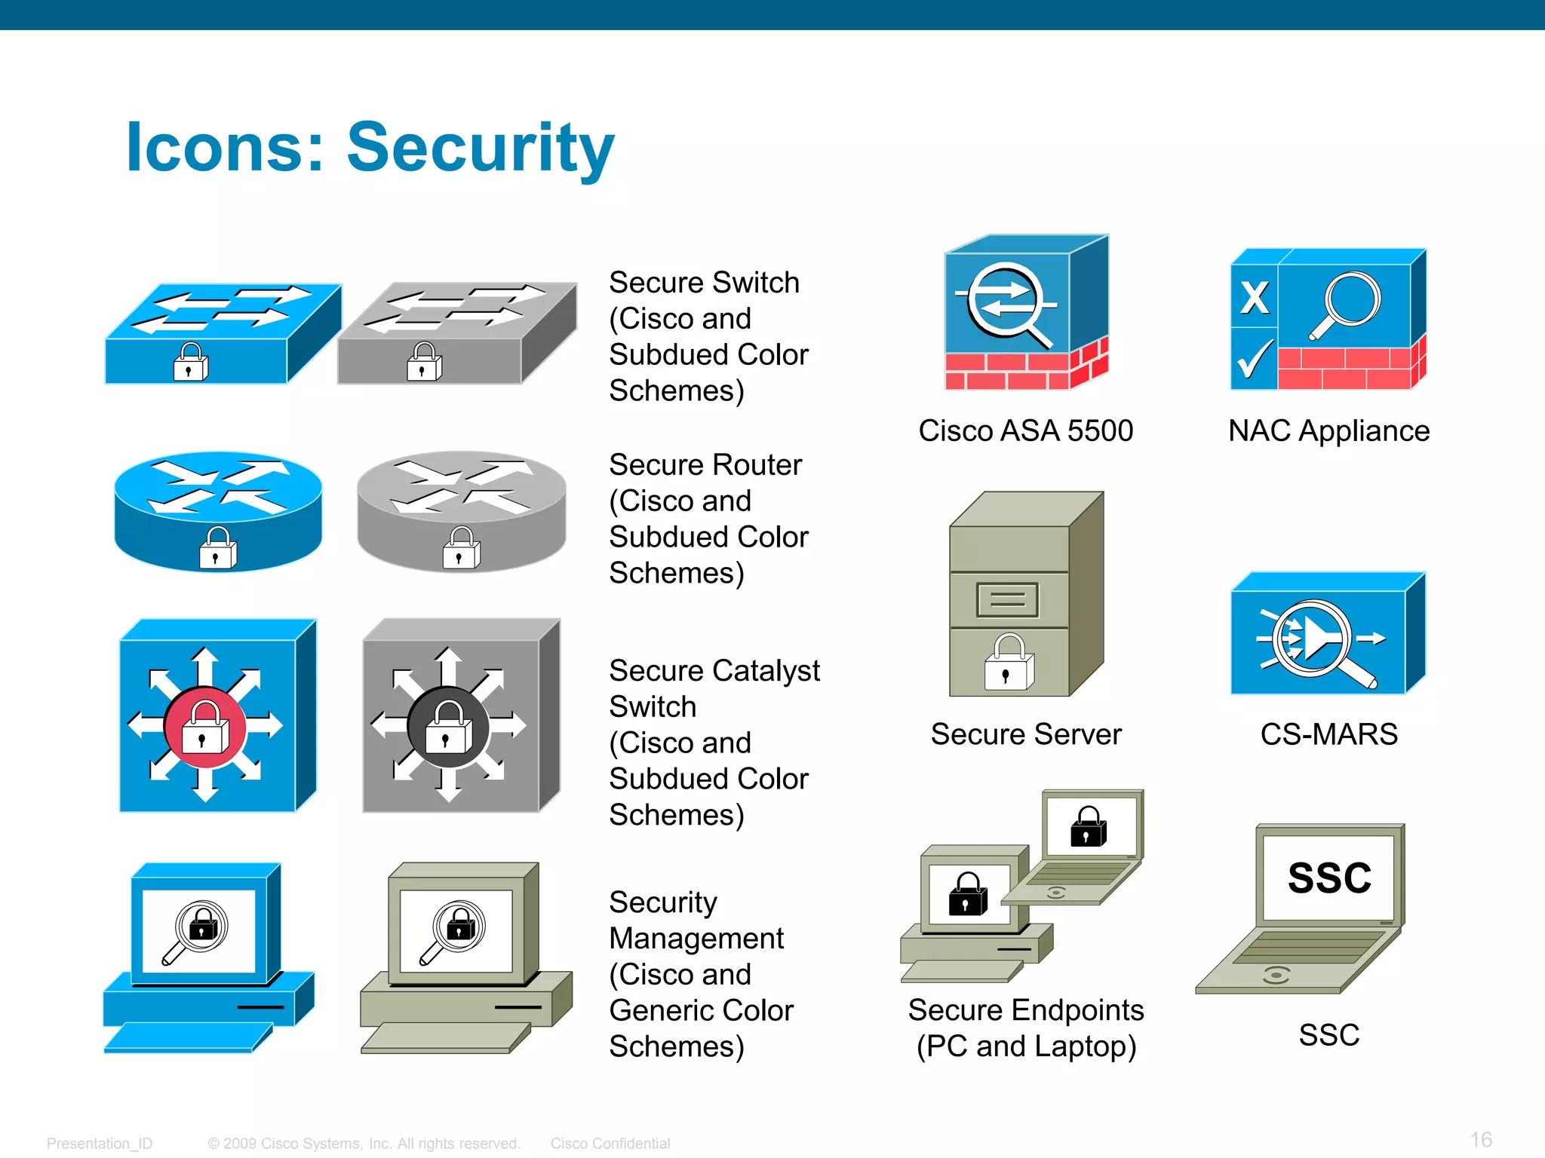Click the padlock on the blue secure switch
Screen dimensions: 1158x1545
190,362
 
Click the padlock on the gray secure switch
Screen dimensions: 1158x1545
424,362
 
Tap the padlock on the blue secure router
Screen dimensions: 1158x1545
218,548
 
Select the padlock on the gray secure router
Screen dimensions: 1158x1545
461,548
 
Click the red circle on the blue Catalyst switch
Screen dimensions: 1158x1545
204,728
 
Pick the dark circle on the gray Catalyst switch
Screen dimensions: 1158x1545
448,728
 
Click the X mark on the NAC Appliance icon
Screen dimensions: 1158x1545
1255,297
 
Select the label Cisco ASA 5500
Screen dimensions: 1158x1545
1025,431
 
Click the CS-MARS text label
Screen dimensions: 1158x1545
1328,734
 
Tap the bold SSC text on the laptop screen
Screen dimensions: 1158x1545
1329,878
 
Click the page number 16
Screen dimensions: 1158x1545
1481,1139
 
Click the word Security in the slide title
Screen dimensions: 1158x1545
481,148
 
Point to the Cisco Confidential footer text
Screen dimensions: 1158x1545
610,1144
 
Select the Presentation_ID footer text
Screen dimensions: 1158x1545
100,1144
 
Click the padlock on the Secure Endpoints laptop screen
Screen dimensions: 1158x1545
1088,826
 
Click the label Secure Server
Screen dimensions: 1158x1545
1026,734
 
